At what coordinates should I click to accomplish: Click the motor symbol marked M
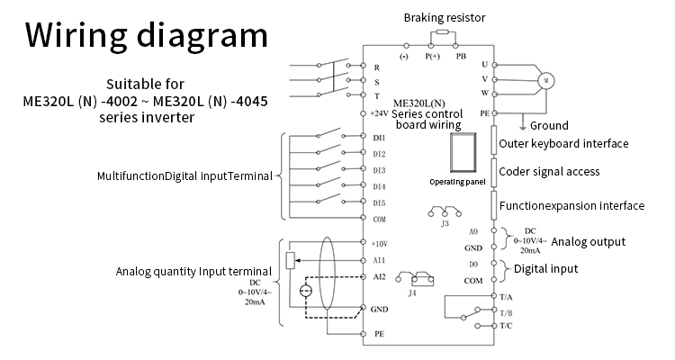click(545, 79)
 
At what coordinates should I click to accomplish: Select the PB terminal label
click(461, 56)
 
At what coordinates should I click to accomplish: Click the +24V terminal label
click(379, 114)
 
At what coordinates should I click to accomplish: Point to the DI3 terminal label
click(379, 169)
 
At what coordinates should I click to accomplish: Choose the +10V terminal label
click(379, 244)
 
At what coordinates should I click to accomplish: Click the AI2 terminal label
click(379, 276)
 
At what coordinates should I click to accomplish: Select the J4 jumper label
click(412, 292)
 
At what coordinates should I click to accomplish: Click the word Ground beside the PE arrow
click(549, 125)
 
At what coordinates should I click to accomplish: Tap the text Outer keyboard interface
click(563, 144)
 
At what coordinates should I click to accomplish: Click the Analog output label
click(588, 241)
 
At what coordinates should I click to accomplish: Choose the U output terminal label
click(484, 64)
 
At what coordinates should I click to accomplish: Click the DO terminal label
click(473, 264)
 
